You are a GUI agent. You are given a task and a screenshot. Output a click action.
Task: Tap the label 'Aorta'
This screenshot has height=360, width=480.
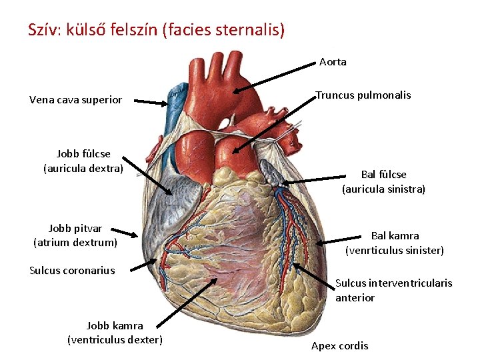pos(333,62)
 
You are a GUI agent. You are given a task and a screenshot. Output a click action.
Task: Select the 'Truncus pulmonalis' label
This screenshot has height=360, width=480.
pos(363,95)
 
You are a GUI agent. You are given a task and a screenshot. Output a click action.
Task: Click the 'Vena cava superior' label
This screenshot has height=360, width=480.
pos(75,100)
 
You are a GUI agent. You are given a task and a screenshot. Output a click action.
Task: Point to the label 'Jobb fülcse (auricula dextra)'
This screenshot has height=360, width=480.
pos(83,161)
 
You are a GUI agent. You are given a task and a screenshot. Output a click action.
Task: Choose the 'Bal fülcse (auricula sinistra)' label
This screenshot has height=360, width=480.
pos(383,182)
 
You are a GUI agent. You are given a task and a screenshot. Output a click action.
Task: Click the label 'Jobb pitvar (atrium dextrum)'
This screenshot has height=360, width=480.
pos(75,235)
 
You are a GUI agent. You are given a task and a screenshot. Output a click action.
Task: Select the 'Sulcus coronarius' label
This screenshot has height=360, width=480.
pos(72,270)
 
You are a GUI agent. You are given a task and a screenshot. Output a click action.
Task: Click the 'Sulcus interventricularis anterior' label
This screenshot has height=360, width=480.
pos(393,290)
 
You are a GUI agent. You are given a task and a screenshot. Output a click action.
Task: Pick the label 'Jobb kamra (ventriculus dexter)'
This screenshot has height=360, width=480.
pos(115,333)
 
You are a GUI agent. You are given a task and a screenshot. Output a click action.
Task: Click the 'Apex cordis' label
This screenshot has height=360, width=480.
pos(339,345)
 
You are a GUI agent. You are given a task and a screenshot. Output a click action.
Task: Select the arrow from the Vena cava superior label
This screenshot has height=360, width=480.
pos(150,102)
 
